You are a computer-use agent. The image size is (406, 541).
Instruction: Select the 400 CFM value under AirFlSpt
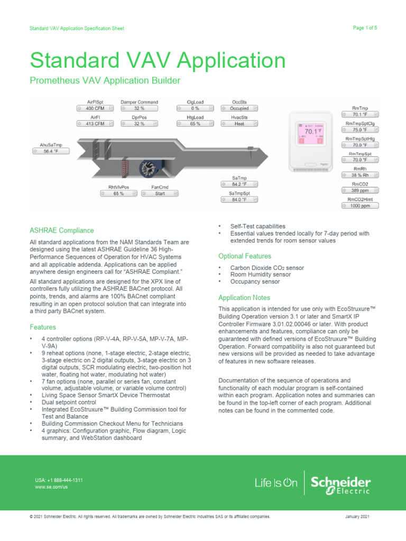[96, 108]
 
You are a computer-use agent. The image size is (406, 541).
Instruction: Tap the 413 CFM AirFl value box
[96, 124]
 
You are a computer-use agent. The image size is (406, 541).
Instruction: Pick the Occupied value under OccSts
[239, 108]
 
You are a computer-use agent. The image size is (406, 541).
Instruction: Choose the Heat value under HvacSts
[239, 124]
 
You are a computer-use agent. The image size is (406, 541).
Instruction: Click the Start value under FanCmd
[160, 194]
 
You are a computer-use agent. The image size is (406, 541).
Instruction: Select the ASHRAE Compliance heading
[62, 230]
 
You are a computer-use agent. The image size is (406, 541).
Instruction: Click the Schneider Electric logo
[340, 483]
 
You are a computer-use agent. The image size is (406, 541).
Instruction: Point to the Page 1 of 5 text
[364, 28]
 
